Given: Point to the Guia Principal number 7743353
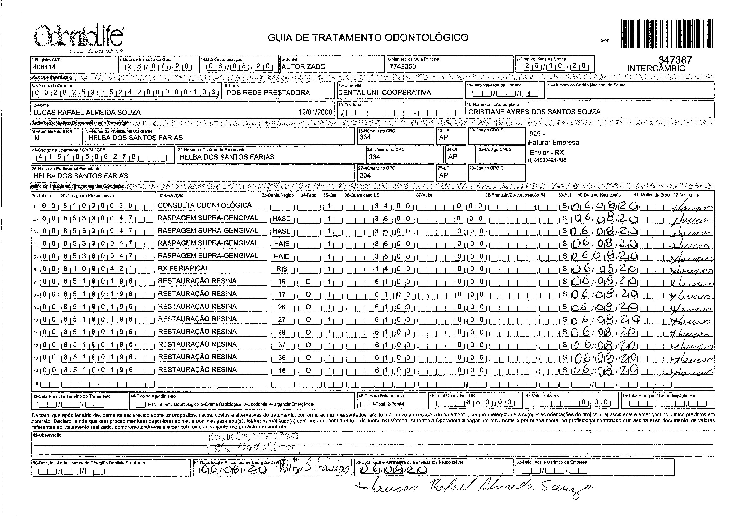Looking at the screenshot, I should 403,66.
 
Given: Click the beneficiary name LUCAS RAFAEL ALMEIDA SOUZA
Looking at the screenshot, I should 87,112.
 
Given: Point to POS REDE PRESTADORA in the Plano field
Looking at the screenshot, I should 268,93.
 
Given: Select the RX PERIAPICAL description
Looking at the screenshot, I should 183,268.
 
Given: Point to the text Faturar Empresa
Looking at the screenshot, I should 554,143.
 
